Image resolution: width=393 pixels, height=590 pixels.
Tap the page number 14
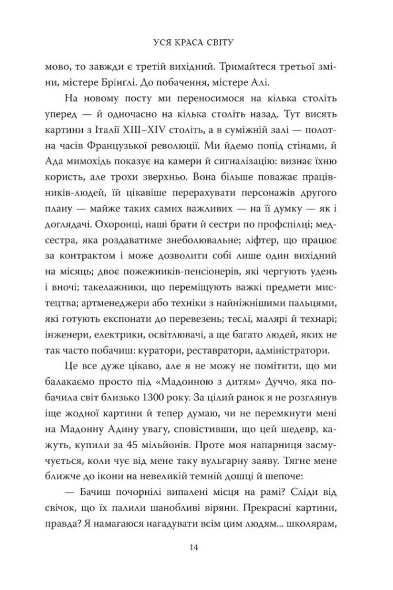pos(197,547)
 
